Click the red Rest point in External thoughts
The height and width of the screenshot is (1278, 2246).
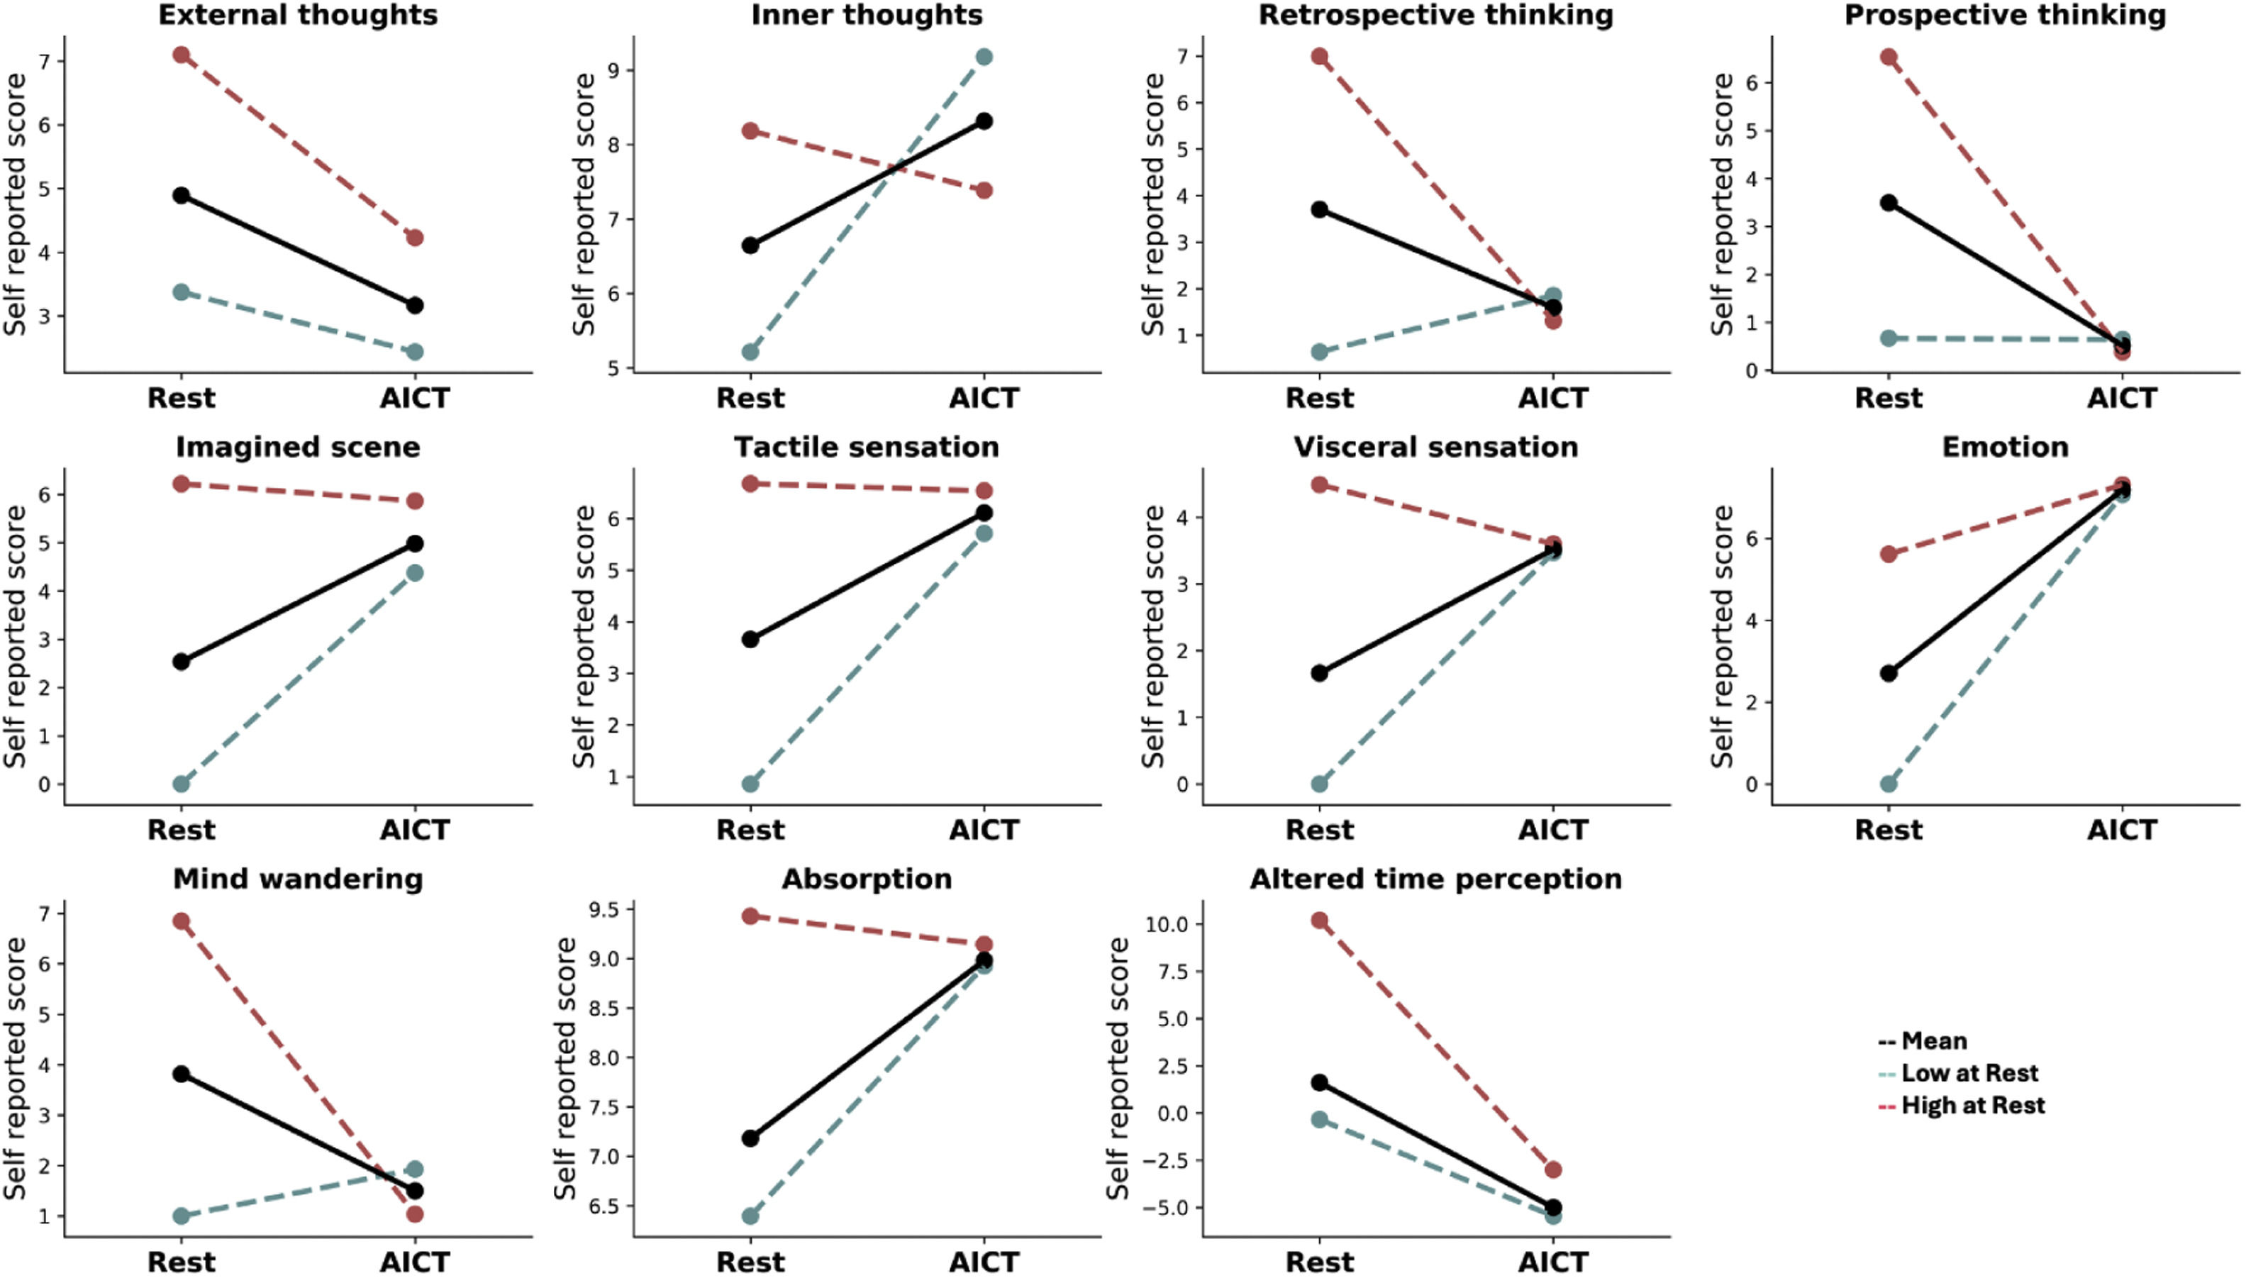click(181, 55)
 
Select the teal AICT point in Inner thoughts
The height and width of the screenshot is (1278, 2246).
click(984, 57)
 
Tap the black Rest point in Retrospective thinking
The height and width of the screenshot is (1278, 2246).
click(1319, 210)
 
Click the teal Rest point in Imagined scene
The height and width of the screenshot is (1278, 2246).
click(181, 784)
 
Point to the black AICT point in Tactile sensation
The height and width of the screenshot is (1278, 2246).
click(984, 513)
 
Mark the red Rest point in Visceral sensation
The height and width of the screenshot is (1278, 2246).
click(1319, 484)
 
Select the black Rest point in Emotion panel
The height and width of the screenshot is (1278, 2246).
click(1889, 673)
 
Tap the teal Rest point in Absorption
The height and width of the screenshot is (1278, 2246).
click(750, 1216)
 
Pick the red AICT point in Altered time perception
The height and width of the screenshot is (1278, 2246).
click(1554, 1170)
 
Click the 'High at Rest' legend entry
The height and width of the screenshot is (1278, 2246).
click(1972, 1105)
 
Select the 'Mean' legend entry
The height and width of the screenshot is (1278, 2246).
click(1933, 1041)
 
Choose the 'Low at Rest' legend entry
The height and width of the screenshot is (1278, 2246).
click(1969, 1072)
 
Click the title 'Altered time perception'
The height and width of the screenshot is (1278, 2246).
click(1436, 879)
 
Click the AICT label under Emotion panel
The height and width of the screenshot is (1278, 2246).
click(2122, 830)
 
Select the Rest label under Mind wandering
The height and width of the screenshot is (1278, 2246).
click(181, 1261)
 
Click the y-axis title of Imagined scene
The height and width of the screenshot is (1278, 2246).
click(15, 636)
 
